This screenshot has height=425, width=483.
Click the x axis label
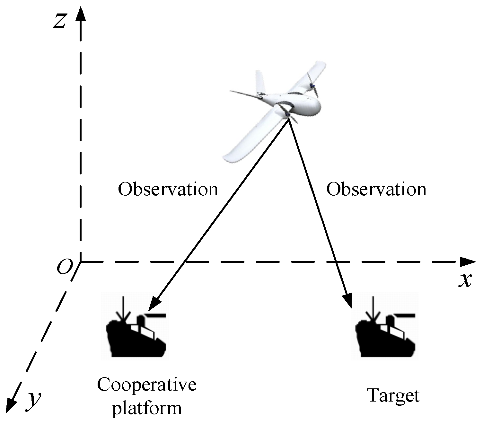point(465,280)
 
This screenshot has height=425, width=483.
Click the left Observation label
point(168,189)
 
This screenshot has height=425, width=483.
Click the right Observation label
point(376,189)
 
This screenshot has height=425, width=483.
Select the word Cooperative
point(147,385)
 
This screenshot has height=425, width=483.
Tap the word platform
point(147,408)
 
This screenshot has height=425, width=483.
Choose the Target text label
point(393,395)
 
